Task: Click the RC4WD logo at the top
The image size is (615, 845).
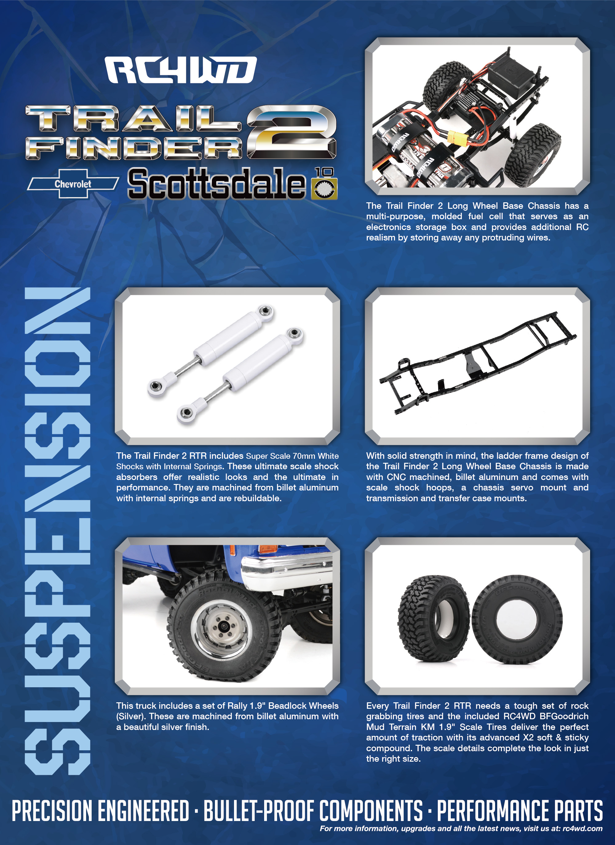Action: point(181,70)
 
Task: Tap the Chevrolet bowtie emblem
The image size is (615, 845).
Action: point(73,183)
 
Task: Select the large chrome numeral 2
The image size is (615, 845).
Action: point(292,132)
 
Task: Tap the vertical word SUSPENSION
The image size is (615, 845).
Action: point(58,531)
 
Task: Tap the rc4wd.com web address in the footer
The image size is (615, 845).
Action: point(583,828)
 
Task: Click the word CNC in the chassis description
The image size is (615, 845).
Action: point(395,477)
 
